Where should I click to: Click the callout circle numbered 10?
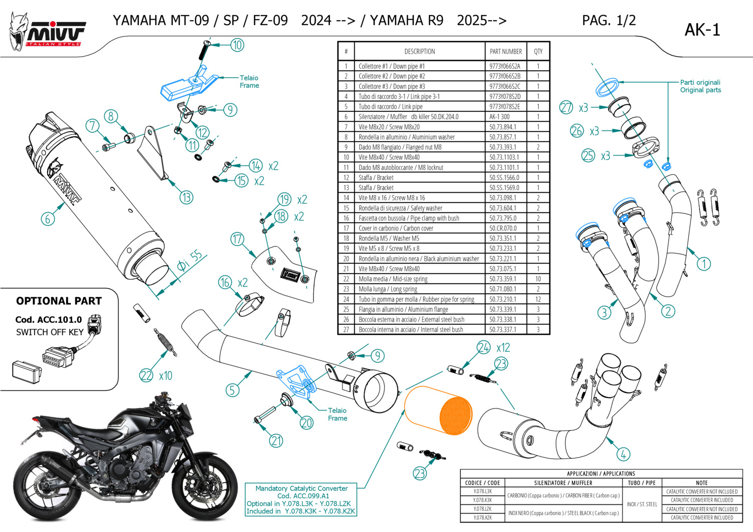point(237,45)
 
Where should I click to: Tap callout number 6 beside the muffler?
point(48,218)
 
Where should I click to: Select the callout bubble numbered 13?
point(186,197)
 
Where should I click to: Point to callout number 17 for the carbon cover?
point(237,239)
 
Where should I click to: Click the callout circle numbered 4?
point(623,455)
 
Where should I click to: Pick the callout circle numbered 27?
point(566,107)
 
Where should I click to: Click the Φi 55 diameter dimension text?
point(189,260)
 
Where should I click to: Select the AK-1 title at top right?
point(702,30)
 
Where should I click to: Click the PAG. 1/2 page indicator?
point(608,21)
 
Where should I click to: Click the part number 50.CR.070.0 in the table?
point(503,228)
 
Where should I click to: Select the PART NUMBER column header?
point(506,51)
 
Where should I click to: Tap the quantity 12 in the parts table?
point(538,299)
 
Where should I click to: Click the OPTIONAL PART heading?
point(59,301)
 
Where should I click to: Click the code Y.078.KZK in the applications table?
point(482,517)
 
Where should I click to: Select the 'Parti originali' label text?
point(700,82)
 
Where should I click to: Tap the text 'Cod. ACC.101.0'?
point(48,320)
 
